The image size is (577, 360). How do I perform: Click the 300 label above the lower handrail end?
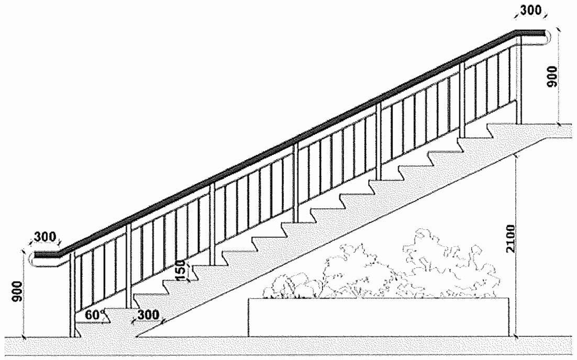point(45,236)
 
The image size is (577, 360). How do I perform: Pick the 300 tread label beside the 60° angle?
point(147,316)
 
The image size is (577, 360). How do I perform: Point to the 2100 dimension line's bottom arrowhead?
point(516,333)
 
